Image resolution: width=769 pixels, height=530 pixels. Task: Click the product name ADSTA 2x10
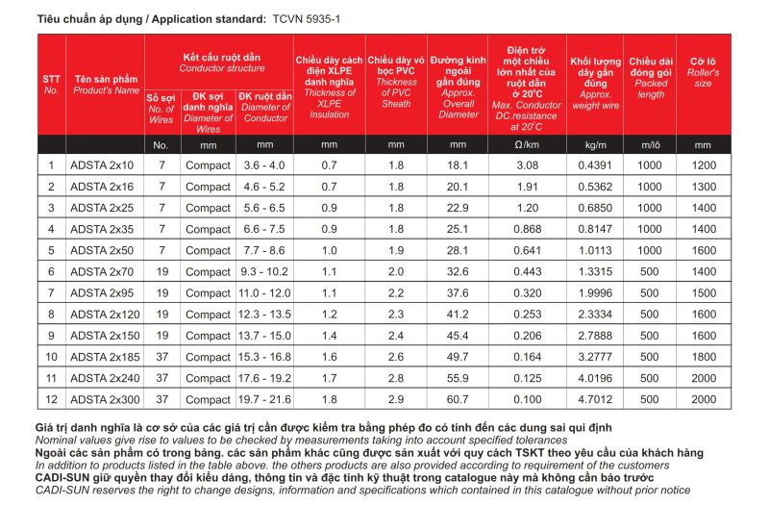pyautogui.click(x=103, y=165)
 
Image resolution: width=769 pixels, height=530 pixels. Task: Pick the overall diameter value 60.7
pyautogui.click(x=458, y=398)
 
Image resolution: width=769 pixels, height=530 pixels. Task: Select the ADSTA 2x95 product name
pyautogui.click(x=103, y=292)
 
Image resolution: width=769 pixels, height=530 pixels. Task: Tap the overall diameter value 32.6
pyautogui.click(x=458, y=271)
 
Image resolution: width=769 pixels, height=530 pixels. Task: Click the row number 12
pyautogui.click(x=51, y=398)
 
